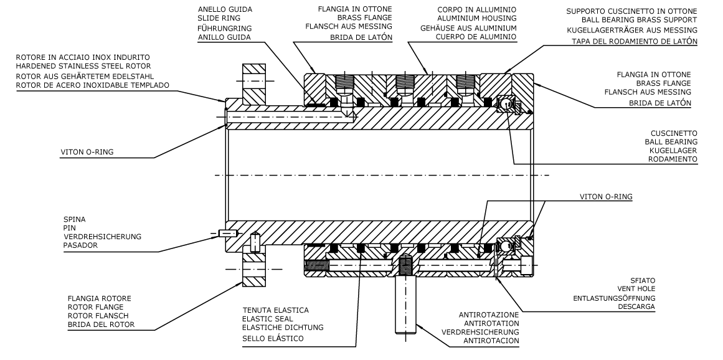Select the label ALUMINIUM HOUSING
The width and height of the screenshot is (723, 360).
pyautogui.click(x=478, y=19)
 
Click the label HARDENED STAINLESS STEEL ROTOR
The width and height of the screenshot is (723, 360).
pyautogui.click(x=84, y=67)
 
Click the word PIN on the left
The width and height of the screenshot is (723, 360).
pyautogui.click(x=69, y=228)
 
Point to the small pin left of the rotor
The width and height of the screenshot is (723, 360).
pyautogui.click(x=228, y=234)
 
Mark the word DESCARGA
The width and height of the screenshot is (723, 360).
pyautogui.click(x=635, y=307)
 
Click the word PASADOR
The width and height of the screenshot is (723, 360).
pyautogui.click(x=81, y=245)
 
